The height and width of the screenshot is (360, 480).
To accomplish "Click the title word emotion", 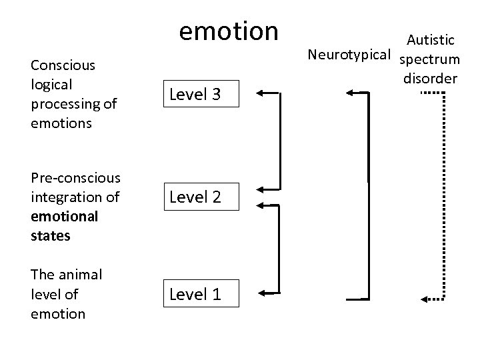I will click(229, 31).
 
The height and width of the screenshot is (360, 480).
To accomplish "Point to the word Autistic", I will click(431, 41).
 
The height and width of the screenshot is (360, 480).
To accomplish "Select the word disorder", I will click(430, 78).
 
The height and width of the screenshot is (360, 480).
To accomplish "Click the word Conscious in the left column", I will click(63, 65).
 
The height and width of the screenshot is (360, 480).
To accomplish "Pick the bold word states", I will click(51, 235).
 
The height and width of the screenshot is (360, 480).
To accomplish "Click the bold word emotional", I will click(64, 216).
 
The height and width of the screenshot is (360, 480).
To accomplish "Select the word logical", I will click(51, 85).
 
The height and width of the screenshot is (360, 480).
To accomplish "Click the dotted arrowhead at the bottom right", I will click(425, 297).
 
